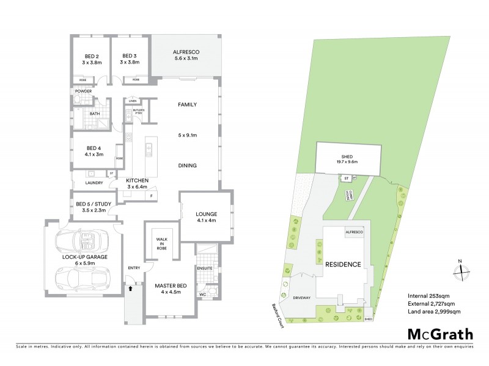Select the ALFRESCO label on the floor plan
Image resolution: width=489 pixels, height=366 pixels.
186,52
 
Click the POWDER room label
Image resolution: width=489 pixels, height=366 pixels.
83,91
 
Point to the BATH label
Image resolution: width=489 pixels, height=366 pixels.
95,113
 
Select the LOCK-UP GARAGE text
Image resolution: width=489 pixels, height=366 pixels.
85,257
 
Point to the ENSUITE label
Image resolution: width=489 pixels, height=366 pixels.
204,267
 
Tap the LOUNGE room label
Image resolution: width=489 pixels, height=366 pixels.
207,213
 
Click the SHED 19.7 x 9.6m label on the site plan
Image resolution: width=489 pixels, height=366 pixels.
347,158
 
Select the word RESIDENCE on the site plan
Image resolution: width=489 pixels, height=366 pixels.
343,264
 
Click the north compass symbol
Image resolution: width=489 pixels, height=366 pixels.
463,270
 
